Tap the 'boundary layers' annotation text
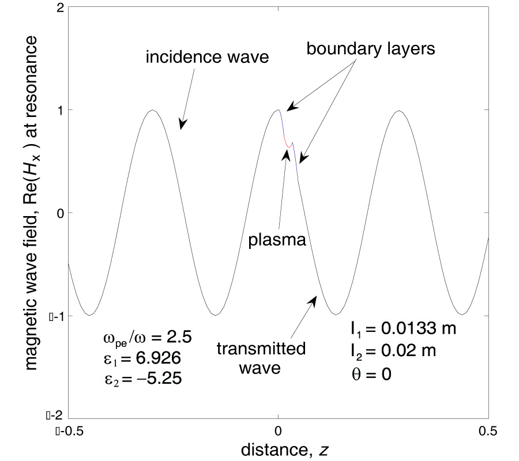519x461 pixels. [x=370, y=49]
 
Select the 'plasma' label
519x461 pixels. [x=276, y=239]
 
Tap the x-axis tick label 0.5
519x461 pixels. [x=488, y=429]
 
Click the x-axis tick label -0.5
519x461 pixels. [x=68, y=429]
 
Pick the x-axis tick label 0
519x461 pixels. [x=279, y=429]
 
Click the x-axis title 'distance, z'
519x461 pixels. [x=279, y=447]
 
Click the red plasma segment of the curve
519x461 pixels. [x=287, y=143]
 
